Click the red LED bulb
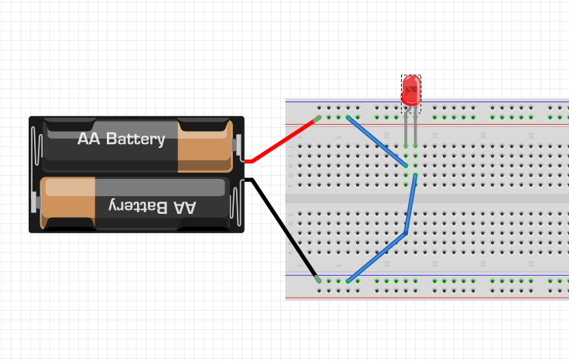coord(411,89)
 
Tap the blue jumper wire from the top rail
coord(377,140)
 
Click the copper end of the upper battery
coord(204,146)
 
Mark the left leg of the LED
coord(406,128)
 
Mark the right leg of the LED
coord(416,128)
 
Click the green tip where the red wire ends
coord(317,119)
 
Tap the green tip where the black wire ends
coord(317,278)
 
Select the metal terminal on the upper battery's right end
coord(238,146)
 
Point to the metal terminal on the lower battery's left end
coord(35,203)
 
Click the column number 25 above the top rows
coord(531,136)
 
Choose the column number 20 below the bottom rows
coord(482,264)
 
